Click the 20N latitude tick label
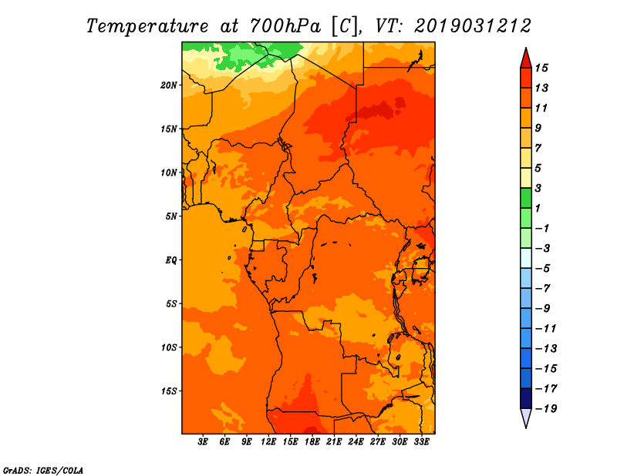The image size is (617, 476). click(x=169, y=85)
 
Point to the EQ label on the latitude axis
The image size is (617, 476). click(x=171, y=260)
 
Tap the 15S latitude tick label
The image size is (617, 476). click(x=169, y=391)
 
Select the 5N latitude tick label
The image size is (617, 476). click(x=171, y=216)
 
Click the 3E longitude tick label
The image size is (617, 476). click(x=203, y=441)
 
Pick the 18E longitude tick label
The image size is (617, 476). click(x=312, y=441)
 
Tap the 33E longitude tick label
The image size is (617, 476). click(x=421, y=441)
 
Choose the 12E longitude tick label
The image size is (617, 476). click(x=268, y=441)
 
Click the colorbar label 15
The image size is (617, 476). click(x=541, y=68)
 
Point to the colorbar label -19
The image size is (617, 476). click(x=546, y=409)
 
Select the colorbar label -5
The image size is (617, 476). click(x=543, y=269)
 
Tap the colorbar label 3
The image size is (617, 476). click(x=538, y=188)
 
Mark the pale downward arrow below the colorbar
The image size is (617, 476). click(x=526, y=417)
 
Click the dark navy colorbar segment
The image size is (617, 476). click(x=526, y=398)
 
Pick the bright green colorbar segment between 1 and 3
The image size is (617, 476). click(x=526, y=198)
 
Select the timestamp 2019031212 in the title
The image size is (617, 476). click(x=473, y=26)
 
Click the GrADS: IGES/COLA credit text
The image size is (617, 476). click(x=43, y=470)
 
